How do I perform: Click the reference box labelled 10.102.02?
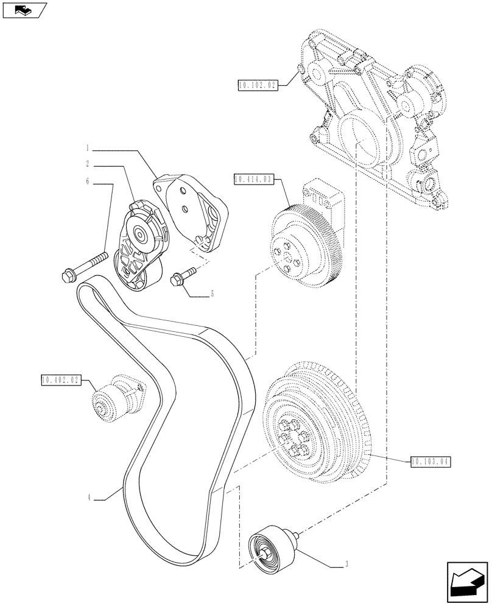click(258, 85)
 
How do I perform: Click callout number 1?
click(88, 148)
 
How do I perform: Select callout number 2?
click(88, 164)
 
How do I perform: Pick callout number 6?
click(88, 181)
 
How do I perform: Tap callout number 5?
click(212, 294)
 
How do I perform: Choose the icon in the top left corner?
click(24, 10)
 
